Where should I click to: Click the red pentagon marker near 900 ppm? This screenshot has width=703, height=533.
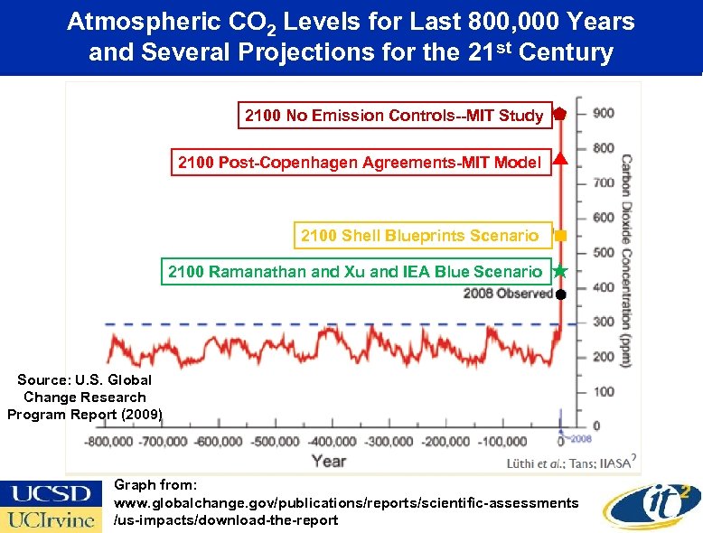560,114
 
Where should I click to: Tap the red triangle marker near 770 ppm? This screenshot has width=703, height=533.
560,161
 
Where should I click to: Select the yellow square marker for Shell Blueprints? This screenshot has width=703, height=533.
560,235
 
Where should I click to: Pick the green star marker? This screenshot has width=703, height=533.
560,271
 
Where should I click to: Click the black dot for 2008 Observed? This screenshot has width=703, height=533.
560,295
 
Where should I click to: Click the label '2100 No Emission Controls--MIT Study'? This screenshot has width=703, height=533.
394,115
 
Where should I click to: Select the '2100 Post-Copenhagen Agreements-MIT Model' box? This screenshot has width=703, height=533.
360,163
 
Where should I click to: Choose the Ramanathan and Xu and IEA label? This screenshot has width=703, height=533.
356,271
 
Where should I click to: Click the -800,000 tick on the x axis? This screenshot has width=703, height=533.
108,442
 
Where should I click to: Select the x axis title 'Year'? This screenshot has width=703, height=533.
329,461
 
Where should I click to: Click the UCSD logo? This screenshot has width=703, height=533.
51,493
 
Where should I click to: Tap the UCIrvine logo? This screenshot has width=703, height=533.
51,519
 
